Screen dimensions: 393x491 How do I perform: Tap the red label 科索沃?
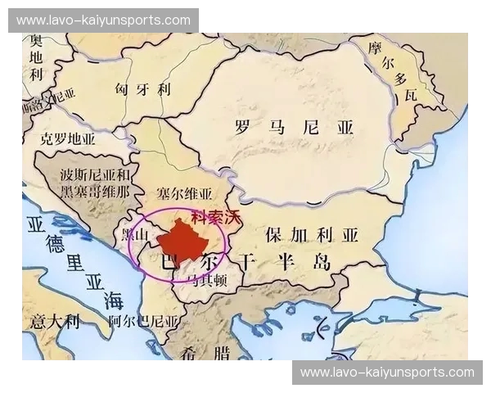pyautogui.click(x=216, y=218)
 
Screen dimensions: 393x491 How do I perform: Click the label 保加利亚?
pyautogui.click(x=312, y=235)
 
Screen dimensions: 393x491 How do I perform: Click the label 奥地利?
pyautogui.click(x=35, y=56)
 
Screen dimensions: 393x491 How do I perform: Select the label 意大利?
pyautogui.click(x=55, y=320)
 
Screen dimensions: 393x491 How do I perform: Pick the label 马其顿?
pyautogui.click(x=209, y=279)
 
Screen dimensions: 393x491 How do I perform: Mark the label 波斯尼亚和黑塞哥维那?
pyautogui.click(x=95, y=183)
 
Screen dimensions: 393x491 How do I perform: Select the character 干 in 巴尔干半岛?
pyautogui.click(x=246, y=262)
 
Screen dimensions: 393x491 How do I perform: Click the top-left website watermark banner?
pyautogui.click(x=103, y=20)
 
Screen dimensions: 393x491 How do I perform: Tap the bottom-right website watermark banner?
pyautogui.click(x=387, y=373)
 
